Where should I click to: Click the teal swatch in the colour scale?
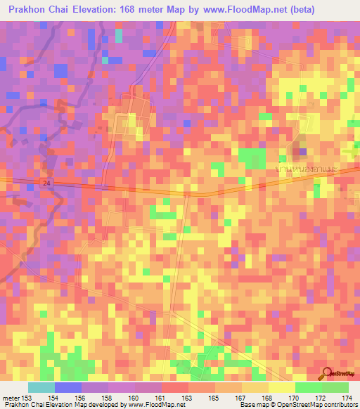41,387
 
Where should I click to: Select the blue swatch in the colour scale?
67,387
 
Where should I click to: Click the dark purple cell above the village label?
302,151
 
